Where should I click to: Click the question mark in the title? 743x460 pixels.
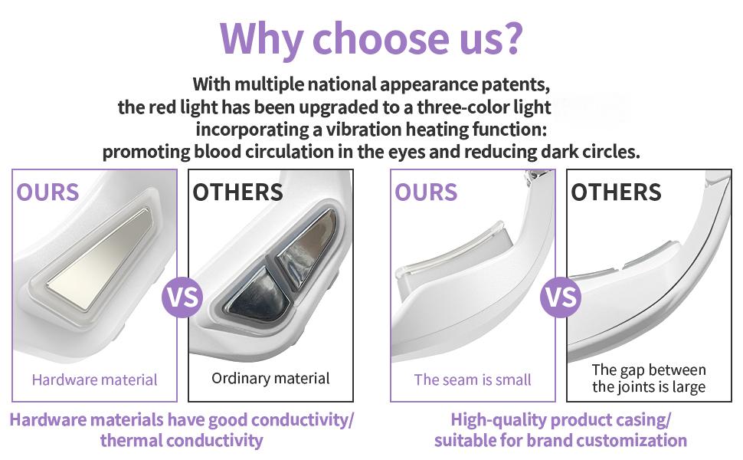point(509,38)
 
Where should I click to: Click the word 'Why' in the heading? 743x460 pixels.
point(260,40)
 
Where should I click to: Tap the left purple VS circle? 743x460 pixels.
point(182,297)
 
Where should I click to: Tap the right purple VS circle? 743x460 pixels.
point(561,297)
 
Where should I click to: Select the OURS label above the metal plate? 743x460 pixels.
point(47,192)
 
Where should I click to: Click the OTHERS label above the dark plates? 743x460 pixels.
point(238,192)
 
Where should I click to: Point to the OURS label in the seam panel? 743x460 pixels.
point(426,192)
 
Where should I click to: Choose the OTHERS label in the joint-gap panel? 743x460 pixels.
point(616,192)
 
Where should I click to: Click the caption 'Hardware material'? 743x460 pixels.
point(95,379)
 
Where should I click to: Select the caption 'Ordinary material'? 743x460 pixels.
point(270,378)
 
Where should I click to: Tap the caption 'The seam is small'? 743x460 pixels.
point(473,379)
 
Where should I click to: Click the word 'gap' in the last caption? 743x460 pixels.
point(634,370)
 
